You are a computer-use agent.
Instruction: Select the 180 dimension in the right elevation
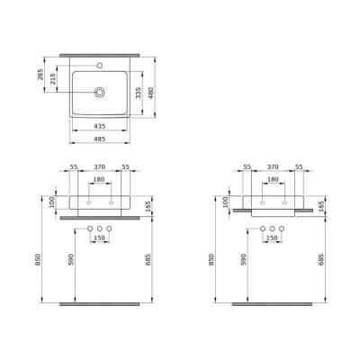(x=273, y=179)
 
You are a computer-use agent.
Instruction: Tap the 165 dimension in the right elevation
(x=321, y=207)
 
